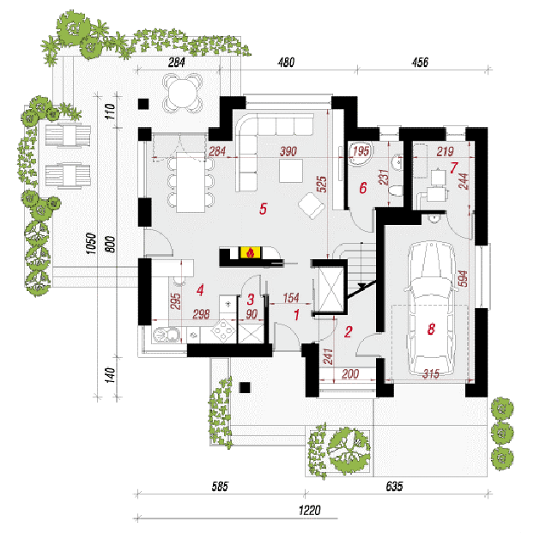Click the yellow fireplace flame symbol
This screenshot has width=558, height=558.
pyautogui.click(x=250, y=252)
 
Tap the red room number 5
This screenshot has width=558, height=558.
pyautogui.click(x=263, y=209)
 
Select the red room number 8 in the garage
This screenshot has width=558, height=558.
pyautogui.click(x=431, y=329)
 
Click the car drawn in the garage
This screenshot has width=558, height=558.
pyautogui.click(x=431, y=308)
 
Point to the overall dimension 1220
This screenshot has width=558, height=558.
pyautogui.click(x=310, y=511)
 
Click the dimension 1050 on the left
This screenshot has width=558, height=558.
pyautogui.click(x=92, y=244)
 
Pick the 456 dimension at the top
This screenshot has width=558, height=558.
pyautogui.click(x=420, y=63)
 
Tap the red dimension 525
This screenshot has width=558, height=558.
pyautogui.click(x=322, y=184)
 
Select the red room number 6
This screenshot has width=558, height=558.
pyautogui.click(x=362, y=187)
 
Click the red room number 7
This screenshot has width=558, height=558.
pyautogui.click(x=453, y=167)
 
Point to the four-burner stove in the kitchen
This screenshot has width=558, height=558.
pyautogui.click(x=224, y=331)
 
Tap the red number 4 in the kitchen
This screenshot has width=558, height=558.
pyautogui.click(x=200, y=290)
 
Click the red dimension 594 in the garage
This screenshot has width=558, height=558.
pyautogui.click(x=463, y=278)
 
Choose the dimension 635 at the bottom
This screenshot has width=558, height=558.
pyautogui.click(x=394, y=487)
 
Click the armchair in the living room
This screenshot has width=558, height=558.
pyautogui.click(x=312, y=206)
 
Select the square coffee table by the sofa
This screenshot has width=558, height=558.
pyautogui.click(x=291, y=171)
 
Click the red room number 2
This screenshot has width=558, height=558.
pyautogui.click(x=348, y=331)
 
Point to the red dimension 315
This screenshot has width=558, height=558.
pyautogui.click(x=431, y=374)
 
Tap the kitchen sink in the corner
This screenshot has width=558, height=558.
pyautogui.click(x=167, y=335)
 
